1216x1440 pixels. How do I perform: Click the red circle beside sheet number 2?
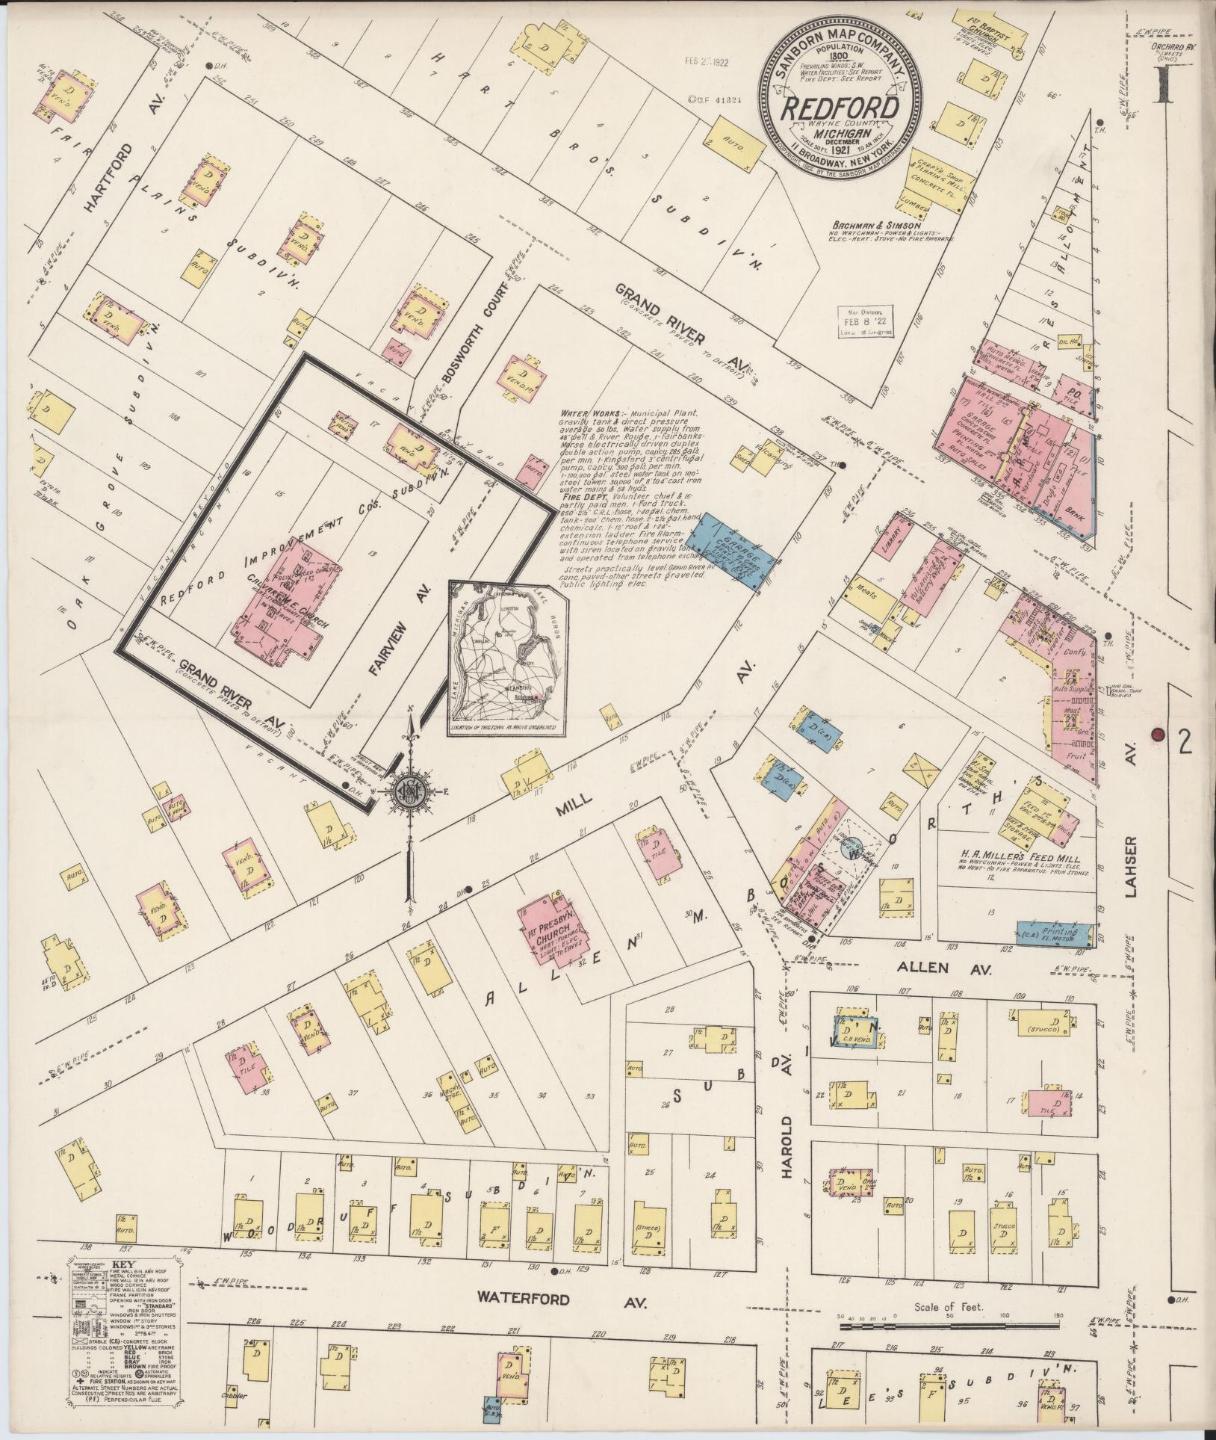click(1158, 734)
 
